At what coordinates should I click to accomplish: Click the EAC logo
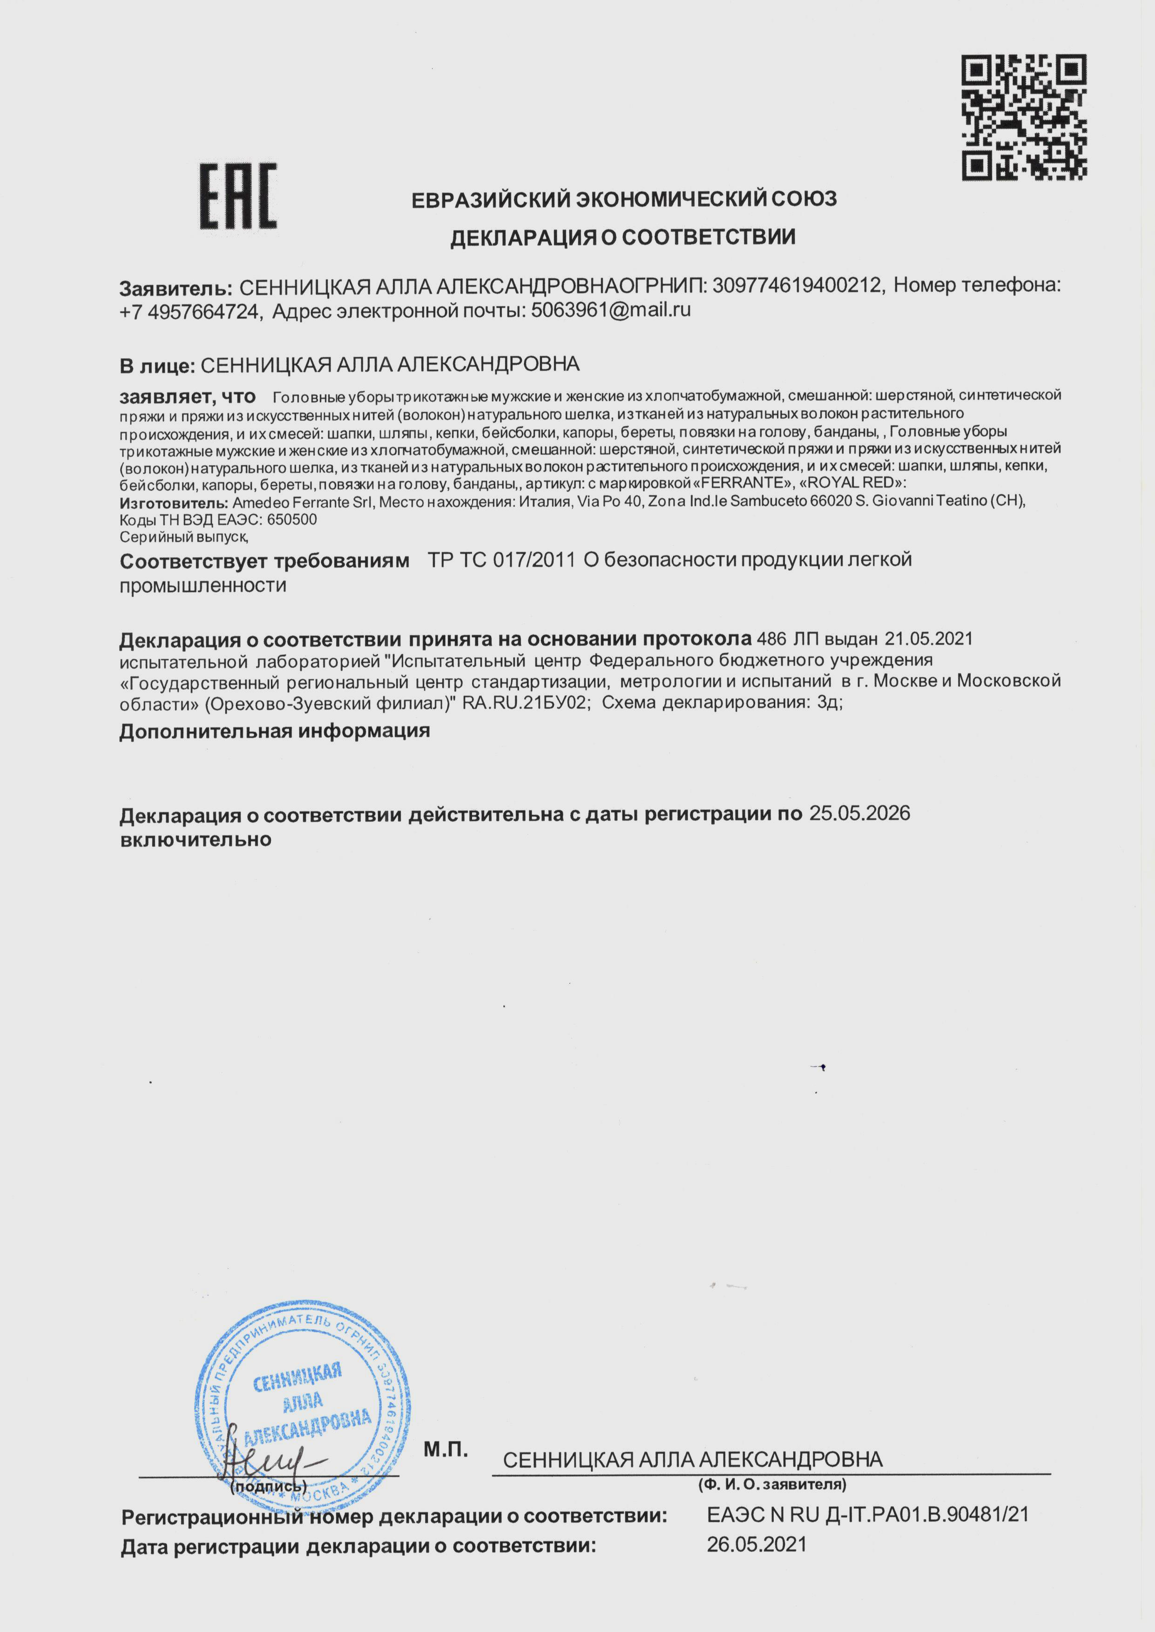coord(237,196)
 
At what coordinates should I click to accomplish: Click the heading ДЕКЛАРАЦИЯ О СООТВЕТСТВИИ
coord(622,237)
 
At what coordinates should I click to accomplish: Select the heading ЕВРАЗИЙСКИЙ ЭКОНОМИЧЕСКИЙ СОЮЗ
coord(624,200)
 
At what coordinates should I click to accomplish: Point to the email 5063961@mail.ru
coord(611,310)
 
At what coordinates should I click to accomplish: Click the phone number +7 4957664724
coord(189,311)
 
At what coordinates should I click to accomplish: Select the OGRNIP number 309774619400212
coord(797,286)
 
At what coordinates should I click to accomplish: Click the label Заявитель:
coord(176,288)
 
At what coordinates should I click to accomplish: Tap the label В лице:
coord(156,365)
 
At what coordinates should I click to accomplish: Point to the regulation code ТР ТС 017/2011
coord(501,560)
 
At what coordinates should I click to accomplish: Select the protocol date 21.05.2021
coord(928,639)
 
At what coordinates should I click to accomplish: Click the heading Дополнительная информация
coord(275,731)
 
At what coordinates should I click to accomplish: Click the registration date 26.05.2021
coord(756,1545)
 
